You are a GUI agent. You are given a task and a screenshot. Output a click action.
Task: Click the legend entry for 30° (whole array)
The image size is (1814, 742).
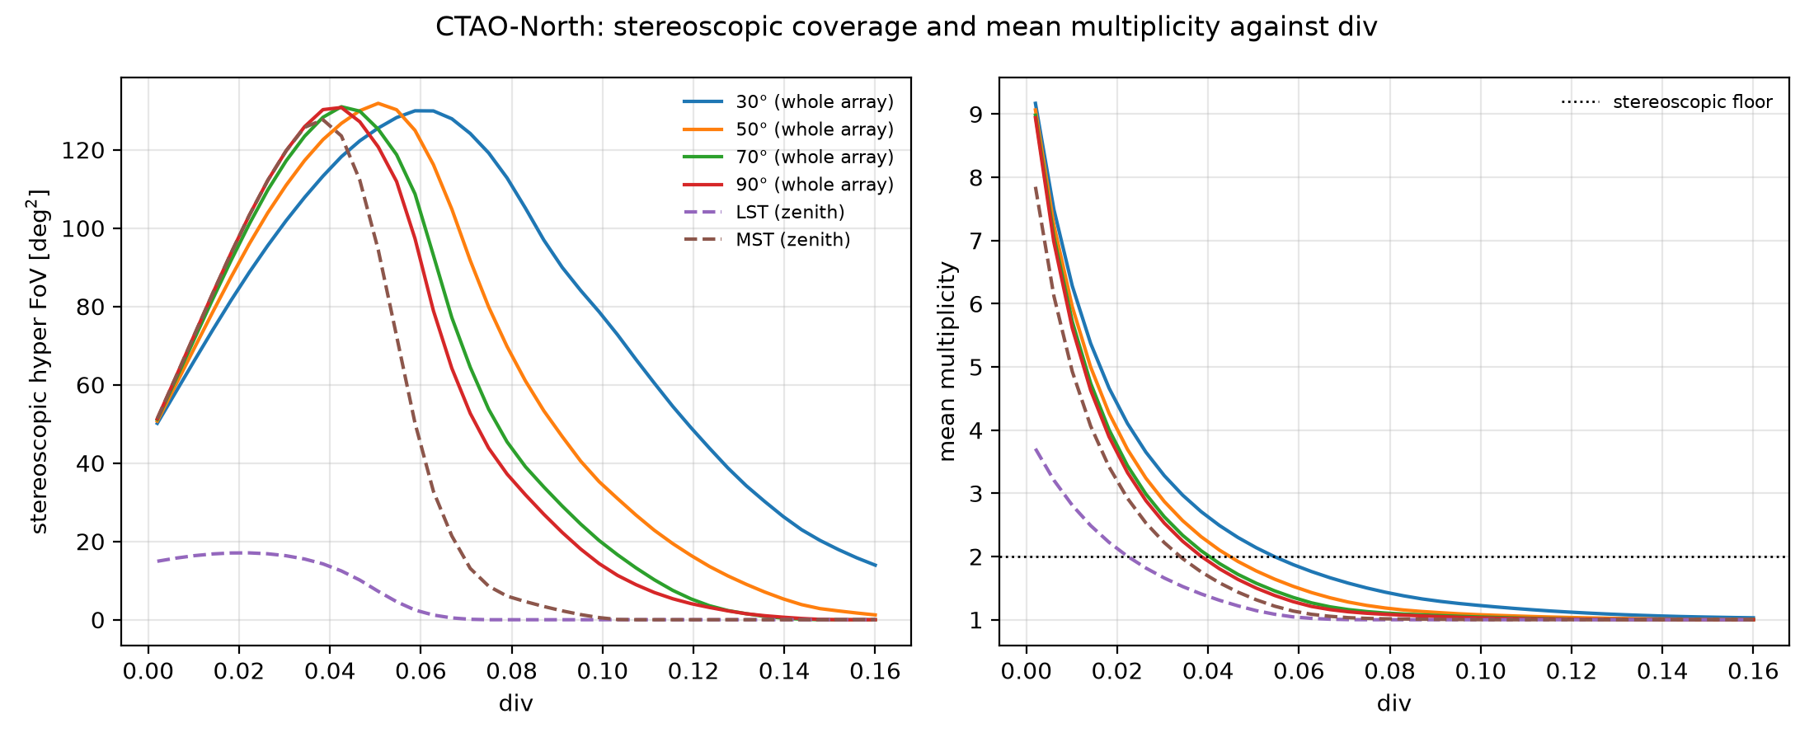click(788, 102)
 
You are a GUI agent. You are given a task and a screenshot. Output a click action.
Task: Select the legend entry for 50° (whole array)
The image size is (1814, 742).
click(788, 129)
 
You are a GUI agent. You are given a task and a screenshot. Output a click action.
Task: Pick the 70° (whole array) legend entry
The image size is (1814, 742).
click(788, 157)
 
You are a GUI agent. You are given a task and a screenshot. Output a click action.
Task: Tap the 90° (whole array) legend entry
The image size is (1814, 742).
click(788, 185)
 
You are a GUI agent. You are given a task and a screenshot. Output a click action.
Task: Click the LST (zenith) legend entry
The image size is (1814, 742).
click(764, 212)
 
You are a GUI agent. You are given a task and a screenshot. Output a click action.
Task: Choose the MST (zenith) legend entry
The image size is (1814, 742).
click(767, 240)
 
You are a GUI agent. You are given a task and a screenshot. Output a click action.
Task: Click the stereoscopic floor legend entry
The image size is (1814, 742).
click(1666, 102)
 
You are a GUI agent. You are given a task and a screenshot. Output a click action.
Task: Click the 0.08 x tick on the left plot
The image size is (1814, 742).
click(511, 671)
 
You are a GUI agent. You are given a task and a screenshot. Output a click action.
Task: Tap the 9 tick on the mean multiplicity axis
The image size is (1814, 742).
click(983, 115)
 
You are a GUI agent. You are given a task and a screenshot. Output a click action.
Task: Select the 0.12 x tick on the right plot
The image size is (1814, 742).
click(1572, 671)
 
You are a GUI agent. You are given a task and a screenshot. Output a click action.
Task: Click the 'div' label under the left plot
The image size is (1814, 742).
click(516, 703)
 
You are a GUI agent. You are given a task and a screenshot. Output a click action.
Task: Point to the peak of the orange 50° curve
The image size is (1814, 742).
click(378, 103)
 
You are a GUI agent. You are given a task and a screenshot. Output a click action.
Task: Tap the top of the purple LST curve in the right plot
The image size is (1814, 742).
click(1036, 448)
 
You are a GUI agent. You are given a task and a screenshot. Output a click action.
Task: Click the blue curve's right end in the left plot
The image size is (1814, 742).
click(876, 566)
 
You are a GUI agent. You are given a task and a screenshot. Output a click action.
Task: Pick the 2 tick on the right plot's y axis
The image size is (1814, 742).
click(983, 557)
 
